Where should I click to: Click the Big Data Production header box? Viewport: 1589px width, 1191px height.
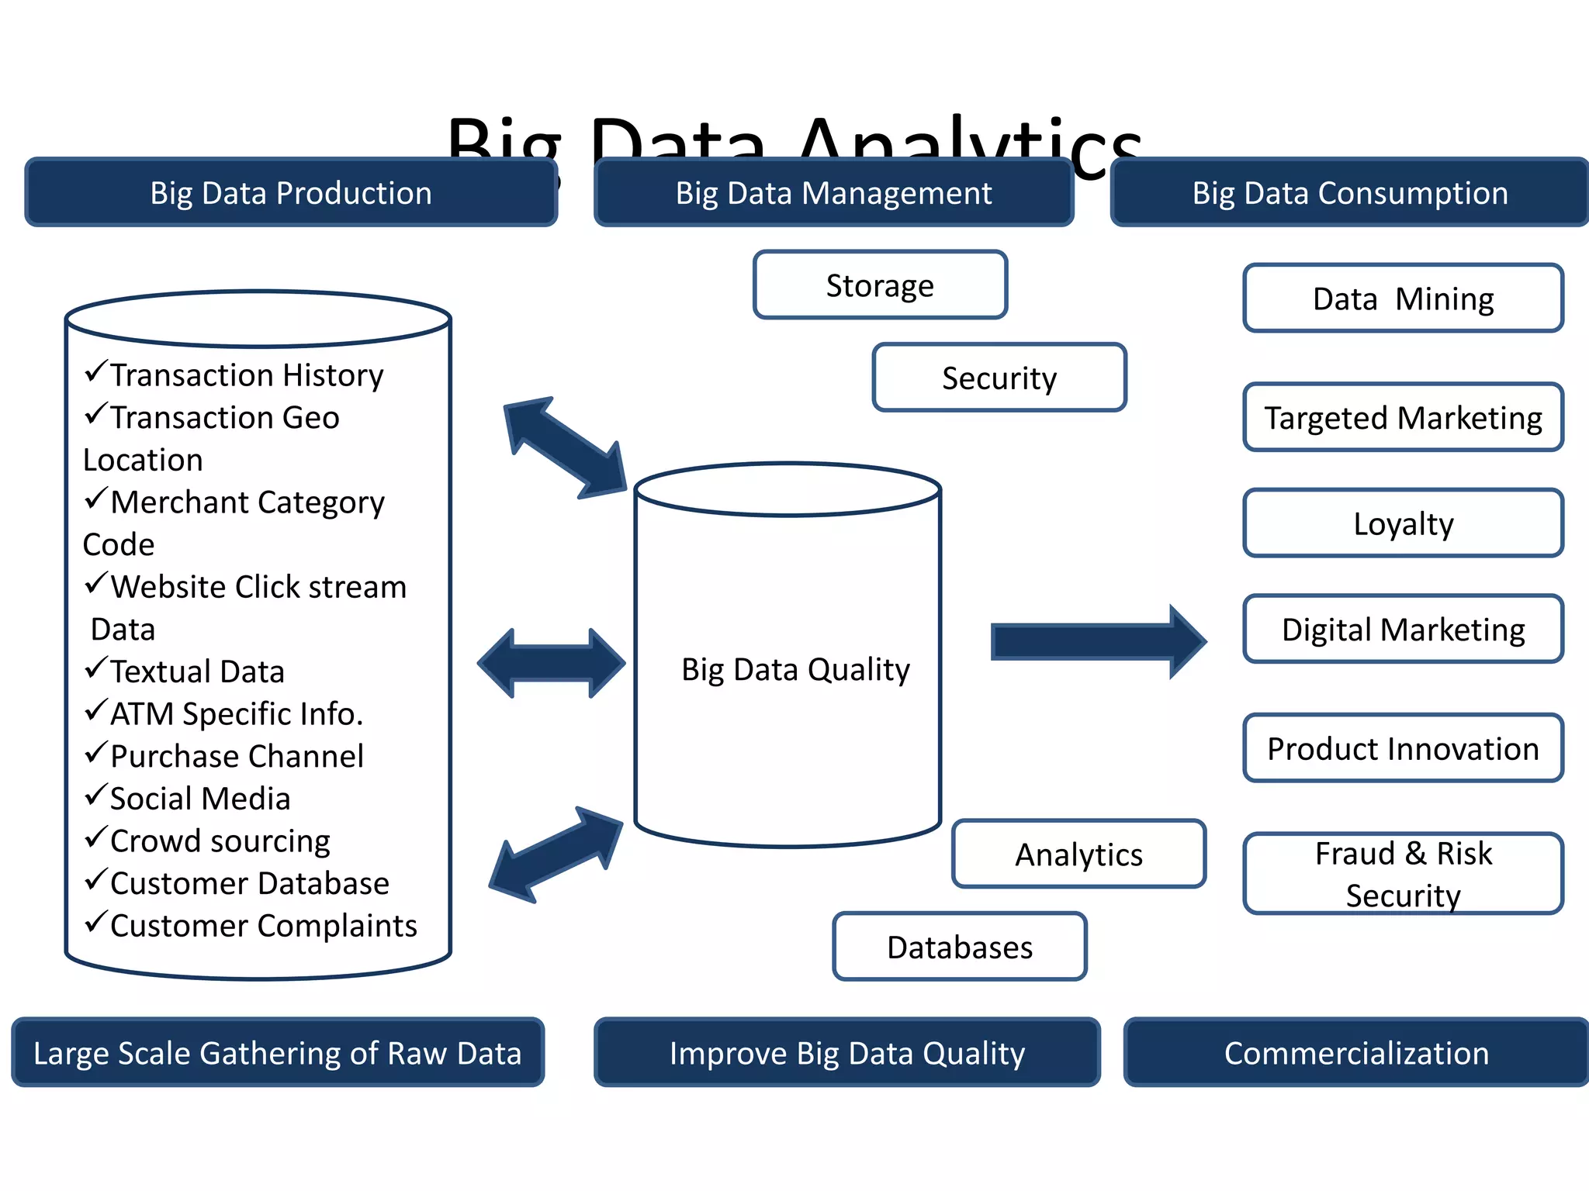[291, 192]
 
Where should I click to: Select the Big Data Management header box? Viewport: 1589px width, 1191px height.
[833, 192]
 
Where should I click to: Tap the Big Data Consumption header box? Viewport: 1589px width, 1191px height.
[1350, 192]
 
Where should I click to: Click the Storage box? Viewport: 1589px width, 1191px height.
[880, 285]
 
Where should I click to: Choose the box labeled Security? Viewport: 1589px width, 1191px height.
[999, 378]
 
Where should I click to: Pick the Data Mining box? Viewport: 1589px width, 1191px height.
[1403, 299]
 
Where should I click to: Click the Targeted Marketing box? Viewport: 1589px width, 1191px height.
[1403, 417]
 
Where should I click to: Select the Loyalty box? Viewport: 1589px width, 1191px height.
[1403, 523]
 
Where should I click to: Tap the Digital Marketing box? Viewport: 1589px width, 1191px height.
[1403, 629]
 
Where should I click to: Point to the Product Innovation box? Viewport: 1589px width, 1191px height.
[1403, 748]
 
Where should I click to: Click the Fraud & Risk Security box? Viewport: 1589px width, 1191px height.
[1403, 874]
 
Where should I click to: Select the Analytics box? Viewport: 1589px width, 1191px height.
[1078, 854]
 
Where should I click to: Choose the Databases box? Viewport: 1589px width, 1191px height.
[960, 947]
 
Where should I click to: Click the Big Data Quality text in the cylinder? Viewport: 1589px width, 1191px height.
[795, 669]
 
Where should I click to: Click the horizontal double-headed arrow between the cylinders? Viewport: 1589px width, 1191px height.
[551, 664]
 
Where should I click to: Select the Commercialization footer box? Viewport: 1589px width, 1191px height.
[1356, 1052]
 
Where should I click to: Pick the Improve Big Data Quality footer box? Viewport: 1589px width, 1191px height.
[847, 1052]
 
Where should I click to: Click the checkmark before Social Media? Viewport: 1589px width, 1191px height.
[95, 795]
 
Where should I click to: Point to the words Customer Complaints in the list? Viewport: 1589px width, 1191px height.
[264, 925]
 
